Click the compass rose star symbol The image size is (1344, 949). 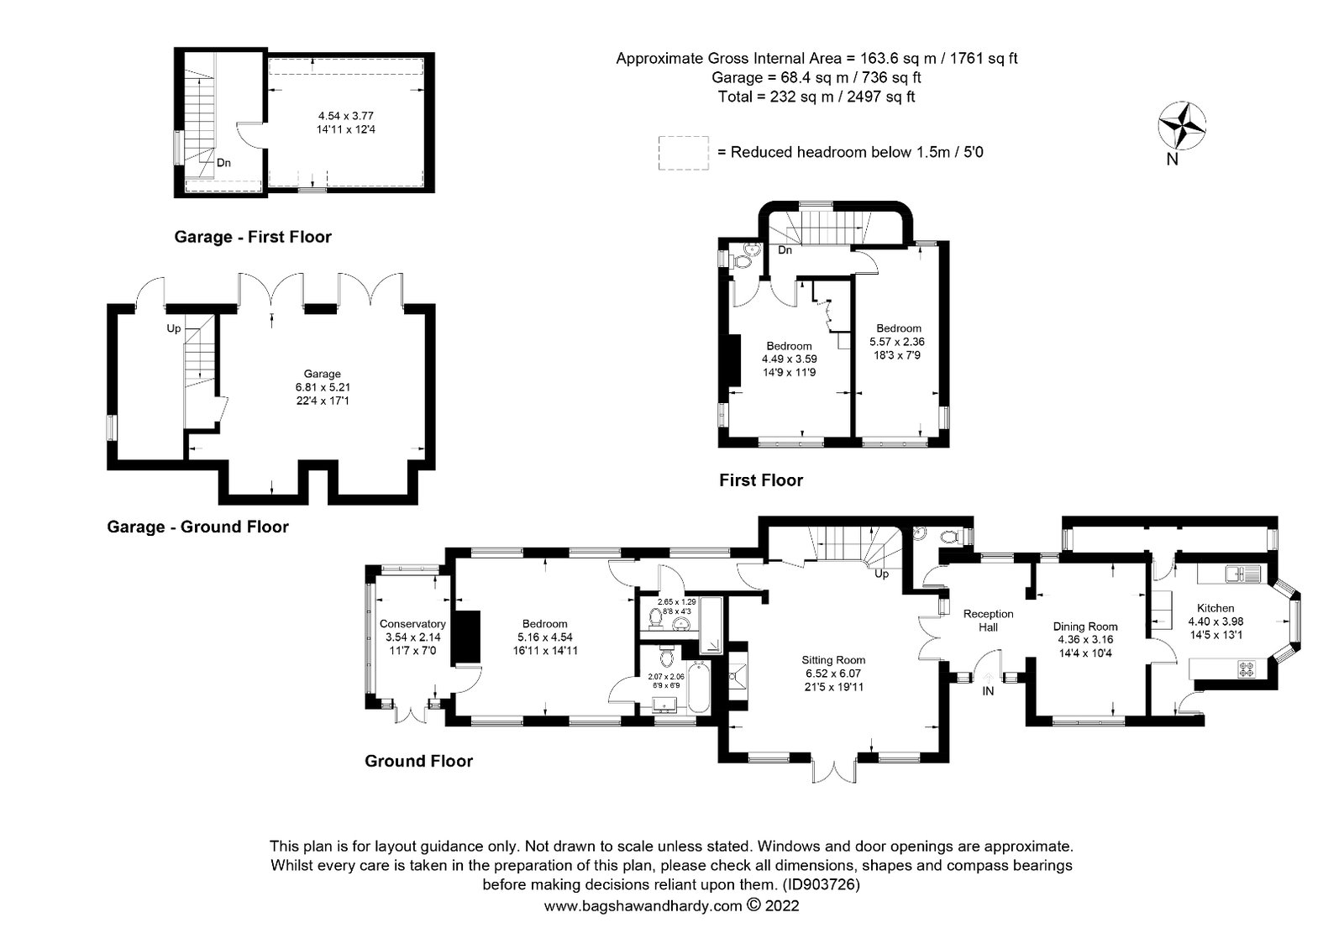tap(1181, 125)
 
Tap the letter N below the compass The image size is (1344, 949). tap(1172, 160)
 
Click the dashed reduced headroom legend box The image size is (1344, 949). tap(683, 153)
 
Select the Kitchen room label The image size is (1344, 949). tap(1215, 608)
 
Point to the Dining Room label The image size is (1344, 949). tap(1085, 627)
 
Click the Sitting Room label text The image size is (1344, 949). tap(833, 660)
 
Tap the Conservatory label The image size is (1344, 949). tap(412, 624)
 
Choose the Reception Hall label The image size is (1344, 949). tap(988, 621)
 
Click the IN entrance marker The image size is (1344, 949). tap(988, 691)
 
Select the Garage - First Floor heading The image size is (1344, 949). tap(253, 237)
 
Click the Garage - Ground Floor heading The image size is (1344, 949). tap(198, 527)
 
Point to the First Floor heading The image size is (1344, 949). tap(761, 480)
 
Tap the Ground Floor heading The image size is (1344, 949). tap(419, 761)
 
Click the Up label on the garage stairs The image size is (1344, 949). tap(173, 328)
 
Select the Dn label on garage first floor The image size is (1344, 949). tap(223, 163)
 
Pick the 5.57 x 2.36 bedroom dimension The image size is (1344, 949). tap(897, 342)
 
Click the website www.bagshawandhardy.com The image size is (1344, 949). tap(643, 906)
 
